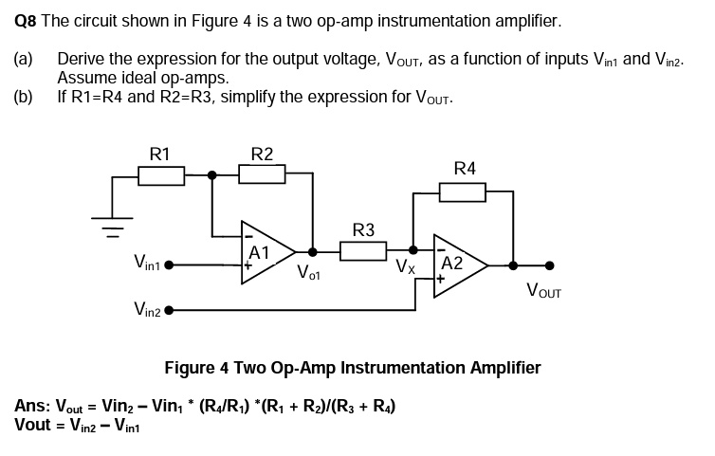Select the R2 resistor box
(262, 174)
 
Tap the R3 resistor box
(362, 251)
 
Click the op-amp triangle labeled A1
(267, 252)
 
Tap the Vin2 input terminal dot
(170, 310)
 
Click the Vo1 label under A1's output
(309, 275)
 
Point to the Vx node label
(406, 267)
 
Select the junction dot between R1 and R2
(212, 174)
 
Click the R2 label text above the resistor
(262, 154)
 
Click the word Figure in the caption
(189, 367)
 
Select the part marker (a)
(24, 59)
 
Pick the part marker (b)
(24, 97)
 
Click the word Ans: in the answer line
(33, 407)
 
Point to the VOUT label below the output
(543, 292)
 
